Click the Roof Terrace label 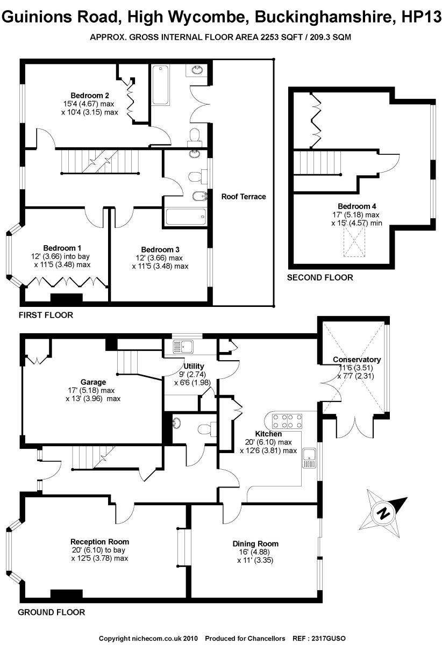244,197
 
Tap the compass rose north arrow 384,511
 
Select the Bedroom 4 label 353,206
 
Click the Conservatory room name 357,360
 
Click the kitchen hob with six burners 288,419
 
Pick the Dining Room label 255,544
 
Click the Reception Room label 100,542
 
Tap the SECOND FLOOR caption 320,278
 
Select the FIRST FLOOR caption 46,315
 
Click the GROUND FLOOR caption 52,612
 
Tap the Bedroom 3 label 160,249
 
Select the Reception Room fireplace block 66,593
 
